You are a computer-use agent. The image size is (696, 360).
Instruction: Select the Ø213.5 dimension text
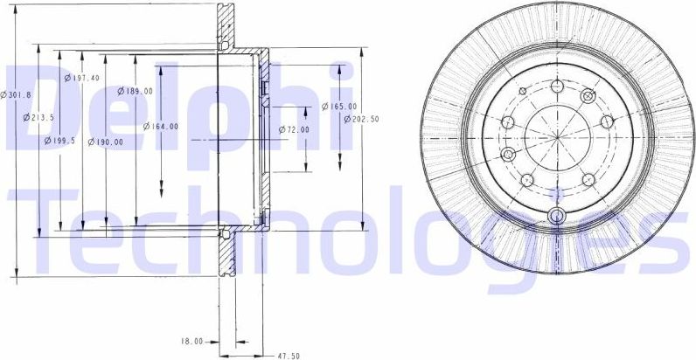40,118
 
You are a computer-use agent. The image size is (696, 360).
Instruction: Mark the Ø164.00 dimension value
162,126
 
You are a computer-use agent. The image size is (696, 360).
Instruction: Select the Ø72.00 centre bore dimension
295,129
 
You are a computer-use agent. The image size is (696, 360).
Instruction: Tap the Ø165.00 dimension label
337,107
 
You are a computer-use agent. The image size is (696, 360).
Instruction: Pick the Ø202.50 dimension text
360,119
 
